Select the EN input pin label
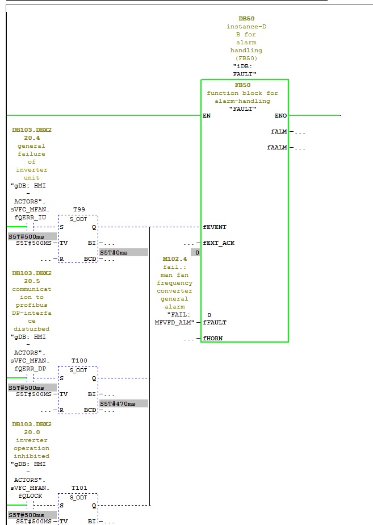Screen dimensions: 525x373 [207, 116]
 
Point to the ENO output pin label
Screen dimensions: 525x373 [280, 116]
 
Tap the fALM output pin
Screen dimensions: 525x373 [279, 132]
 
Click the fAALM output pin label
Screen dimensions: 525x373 [277, 148]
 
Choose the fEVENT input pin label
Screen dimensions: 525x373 [215, 227]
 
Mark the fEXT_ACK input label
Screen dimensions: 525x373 [219, 243]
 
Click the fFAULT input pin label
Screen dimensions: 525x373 [215, 323]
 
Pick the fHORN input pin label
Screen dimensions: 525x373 [213, 339]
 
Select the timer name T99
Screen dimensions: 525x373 [79, 210]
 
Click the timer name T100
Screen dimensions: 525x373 [79, 361]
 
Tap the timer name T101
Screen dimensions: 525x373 [79, 488]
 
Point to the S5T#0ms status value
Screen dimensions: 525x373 [114, 252]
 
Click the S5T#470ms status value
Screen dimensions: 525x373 [118, 403]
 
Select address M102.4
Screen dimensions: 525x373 [175, 259]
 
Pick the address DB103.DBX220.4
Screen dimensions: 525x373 [32, 134]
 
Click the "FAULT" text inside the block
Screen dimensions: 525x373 [242, 109]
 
